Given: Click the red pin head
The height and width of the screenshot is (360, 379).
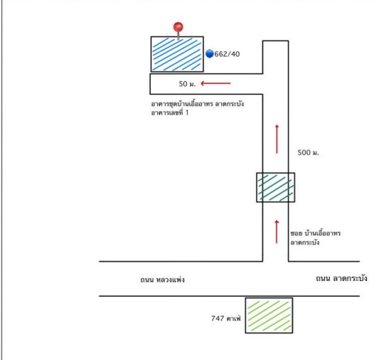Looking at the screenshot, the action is [178, 27].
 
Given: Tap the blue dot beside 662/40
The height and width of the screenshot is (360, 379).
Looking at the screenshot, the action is [210, 53].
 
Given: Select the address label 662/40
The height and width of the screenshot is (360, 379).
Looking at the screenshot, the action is [227, 54].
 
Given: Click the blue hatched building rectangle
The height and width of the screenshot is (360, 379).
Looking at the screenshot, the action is [177, 54].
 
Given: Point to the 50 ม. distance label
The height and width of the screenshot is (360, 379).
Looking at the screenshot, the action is [187, 84].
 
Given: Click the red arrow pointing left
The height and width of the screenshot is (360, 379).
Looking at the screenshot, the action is [215, 83].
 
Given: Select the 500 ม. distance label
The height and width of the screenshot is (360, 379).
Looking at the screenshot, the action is [308, 152].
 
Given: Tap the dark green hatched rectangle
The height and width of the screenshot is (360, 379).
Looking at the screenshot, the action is [276, 187].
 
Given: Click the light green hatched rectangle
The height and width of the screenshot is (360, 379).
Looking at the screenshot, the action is [269, 315].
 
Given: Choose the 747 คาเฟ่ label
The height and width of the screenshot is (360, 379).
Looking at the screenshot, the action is [226, 318].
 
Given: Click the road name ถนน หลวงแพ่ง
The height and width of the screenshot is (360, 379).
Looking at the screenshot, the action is [162, 280].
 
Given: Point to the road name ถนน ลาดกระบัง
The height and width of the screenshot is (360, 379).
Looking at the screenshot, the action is [341, 278].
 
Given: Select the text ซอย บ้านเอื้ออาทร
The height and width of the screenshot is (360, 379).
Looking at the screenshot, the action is [316, 233].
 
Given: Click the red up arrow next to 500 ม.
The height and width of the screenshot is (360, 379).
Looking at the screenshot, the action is [277, 139].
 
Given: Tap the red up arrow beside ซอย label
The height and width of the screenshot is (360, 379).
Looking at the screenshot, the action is [277, 232].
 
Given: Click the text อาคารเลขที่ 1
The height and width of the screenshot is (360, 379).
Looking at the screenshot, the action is [170, 112].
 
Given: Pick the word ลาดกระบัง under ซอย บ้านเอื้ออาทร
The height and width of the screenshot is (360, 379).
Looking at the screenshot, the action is [305, 243].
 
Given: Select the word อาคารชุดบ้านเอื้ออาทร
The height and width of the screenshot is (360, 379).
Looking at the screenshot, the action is [182, 104].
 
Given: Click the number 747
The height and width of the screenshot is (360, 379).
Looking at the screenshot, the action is [218, 319].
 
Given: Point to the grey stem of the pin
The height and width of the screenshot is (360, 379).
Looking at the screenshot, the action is [178, 36].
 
